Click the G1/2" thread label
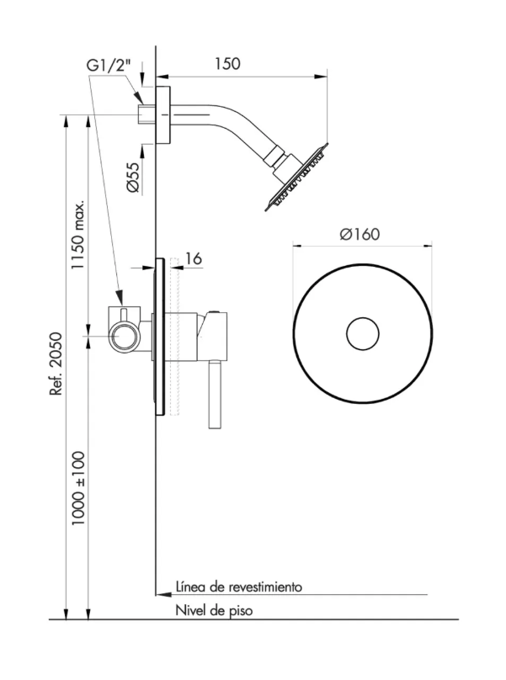pos(109,66)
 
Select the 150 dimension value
pos(227,64)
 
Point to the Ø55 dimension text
pos(133,178)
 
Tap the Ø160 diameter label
pos(360,234)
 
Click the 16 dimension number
pos(194,258)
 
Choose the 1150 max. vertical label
pos(77,235)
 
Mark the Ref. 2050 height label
pos(56,364)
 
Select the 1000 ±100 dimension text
pos(77,489)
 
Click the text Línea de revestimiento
pos(238,587)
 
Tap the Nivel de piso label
pos(214,611)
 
